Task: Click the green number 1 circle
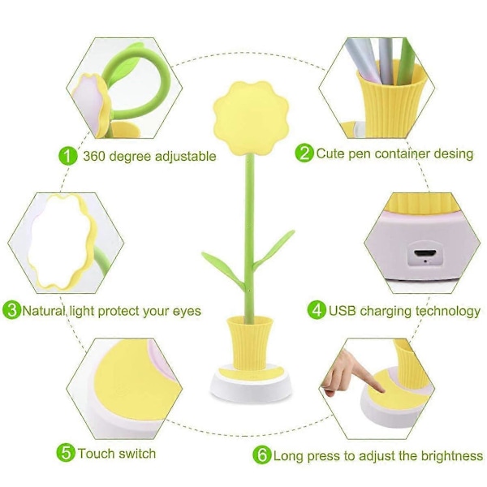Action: coord(67,156)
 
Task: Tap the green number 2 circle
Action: coord(304,153)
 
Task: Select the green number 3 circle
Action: coord(12,310)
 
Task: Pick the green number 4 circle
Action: coord(317,310)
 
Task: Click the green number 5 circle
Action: coord(66,453)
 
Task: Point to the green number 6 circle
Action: coord(262,455)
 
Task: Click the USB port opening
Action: coord(425,252)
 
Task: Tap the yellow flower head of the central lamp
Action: coord(251,118)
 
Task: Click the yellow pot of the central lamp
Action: coord(250,343)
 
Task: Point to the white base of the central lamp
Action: coord(251,385)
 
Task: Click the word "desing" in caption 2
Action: coord(454,153)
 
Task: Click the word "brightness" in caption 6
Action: coord(452,456)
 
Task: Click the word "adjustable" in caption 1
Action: coord(185,156)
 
